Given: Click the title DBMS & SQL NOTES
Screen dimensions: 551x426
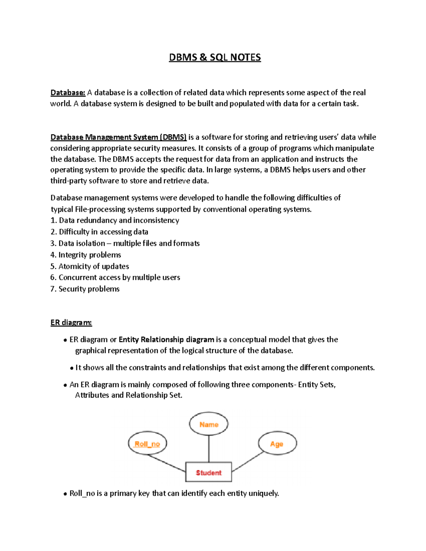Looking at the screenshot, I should (215, 57).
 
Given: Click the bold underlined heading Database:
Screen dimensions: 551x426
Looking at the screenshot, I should (68, 93).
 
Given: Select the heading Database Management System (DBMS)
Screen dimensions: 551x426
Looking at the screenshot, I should (118, 137).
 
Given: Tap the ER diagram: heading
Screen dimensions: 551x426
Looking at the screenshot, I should (71, 323).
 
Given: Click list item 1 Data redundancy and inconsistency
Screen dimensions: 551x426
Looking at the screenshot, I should (115, 220).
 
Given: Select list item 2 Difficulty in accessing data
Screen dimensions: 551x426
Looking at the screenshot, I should (99, 232).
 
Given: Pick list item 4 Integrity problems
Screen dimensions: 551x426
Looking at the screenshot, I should (86, 255).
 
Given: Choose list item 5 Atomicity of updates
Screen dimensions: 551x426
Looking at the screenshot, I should (89, 266).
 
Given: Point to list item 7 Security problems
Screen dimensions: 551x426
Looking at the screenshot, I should (85, 289).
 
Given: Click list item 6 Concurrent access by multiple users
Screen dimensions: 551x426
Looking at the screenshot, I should (115, 277).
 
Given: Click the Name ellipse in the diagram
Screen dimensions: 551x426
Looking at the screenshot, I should (208, 424).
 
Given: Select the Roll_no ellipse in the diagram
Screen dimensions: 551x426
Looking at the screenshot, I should (147, 444).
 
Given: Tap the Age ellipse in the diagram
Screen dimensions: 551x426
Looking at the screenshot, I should (277, 444).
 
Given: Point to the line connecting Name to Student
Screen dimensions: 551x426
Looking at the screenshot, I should (209, 448).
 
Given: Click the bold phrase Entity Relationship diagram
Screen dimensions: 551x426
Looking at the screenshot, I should (166, 340).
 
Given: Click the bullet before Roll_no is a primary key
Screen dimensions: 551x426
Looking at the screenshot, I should (65, 494).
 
